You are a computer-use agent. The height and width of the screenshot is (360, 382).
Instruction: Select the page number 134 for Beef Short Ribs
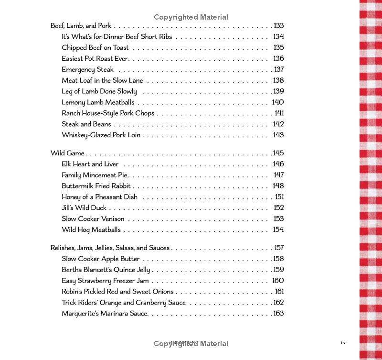pos(278,37)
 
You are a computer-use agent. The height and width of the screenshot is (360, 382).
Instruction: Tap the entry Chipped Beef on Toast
pos(95,48)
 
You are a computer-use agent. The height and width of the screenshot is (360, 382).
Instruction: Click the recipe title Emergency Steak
pos(87,70)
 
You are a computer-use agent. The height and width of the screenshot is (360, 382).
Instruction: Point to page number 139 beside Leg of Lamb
pos(278,91)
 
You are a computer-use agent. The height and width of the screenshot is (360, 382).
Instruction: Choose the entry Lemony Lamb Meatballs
pos(98,102)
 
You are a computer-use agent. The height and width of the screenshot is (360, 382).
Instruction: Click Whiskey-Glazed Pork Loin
pos(101,135)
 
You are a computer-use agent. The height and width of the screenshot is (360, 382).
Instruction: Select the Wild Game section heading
pos(67,153)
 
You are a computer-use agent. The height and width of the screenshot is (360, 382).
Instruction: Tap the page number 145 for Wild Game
pos(278,153)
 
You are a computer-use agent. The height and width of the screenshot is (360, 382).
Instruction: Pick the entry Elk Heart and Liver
pos(90,164)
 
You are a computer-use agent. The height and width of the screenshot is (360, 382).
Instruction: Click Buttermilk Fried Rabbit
pos(96,186)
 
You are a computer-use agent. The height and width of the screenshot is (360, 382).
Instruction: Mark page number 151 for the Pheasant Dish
pos(279,197)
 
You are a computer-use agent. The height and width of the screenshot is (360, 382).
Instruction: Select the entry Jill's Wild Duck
pos(84,208)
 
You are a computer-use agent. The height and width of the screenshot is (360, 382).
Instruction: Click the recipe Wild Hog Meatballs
pos(91,230)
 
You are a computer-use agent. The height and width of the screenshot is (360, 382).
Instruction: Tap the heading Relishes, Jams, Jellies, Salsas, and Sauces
pos(110,248)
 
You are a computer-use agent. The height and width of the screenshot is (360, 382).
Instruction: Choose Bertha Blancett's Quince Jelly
pos(106,270)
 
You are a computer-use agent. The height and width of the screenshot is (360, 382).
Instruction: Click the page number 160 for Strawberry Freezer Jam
pos(278,281)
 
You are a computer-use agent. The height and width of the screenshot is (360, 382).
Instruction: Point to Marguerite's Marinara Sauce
pos(105,314)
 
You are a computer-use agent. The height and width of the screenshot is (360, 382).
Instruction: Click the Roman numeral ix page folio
pos(343,342)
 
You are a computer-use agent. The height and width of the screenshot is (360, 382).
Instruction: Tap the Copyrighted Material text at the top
pos(191,17)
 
